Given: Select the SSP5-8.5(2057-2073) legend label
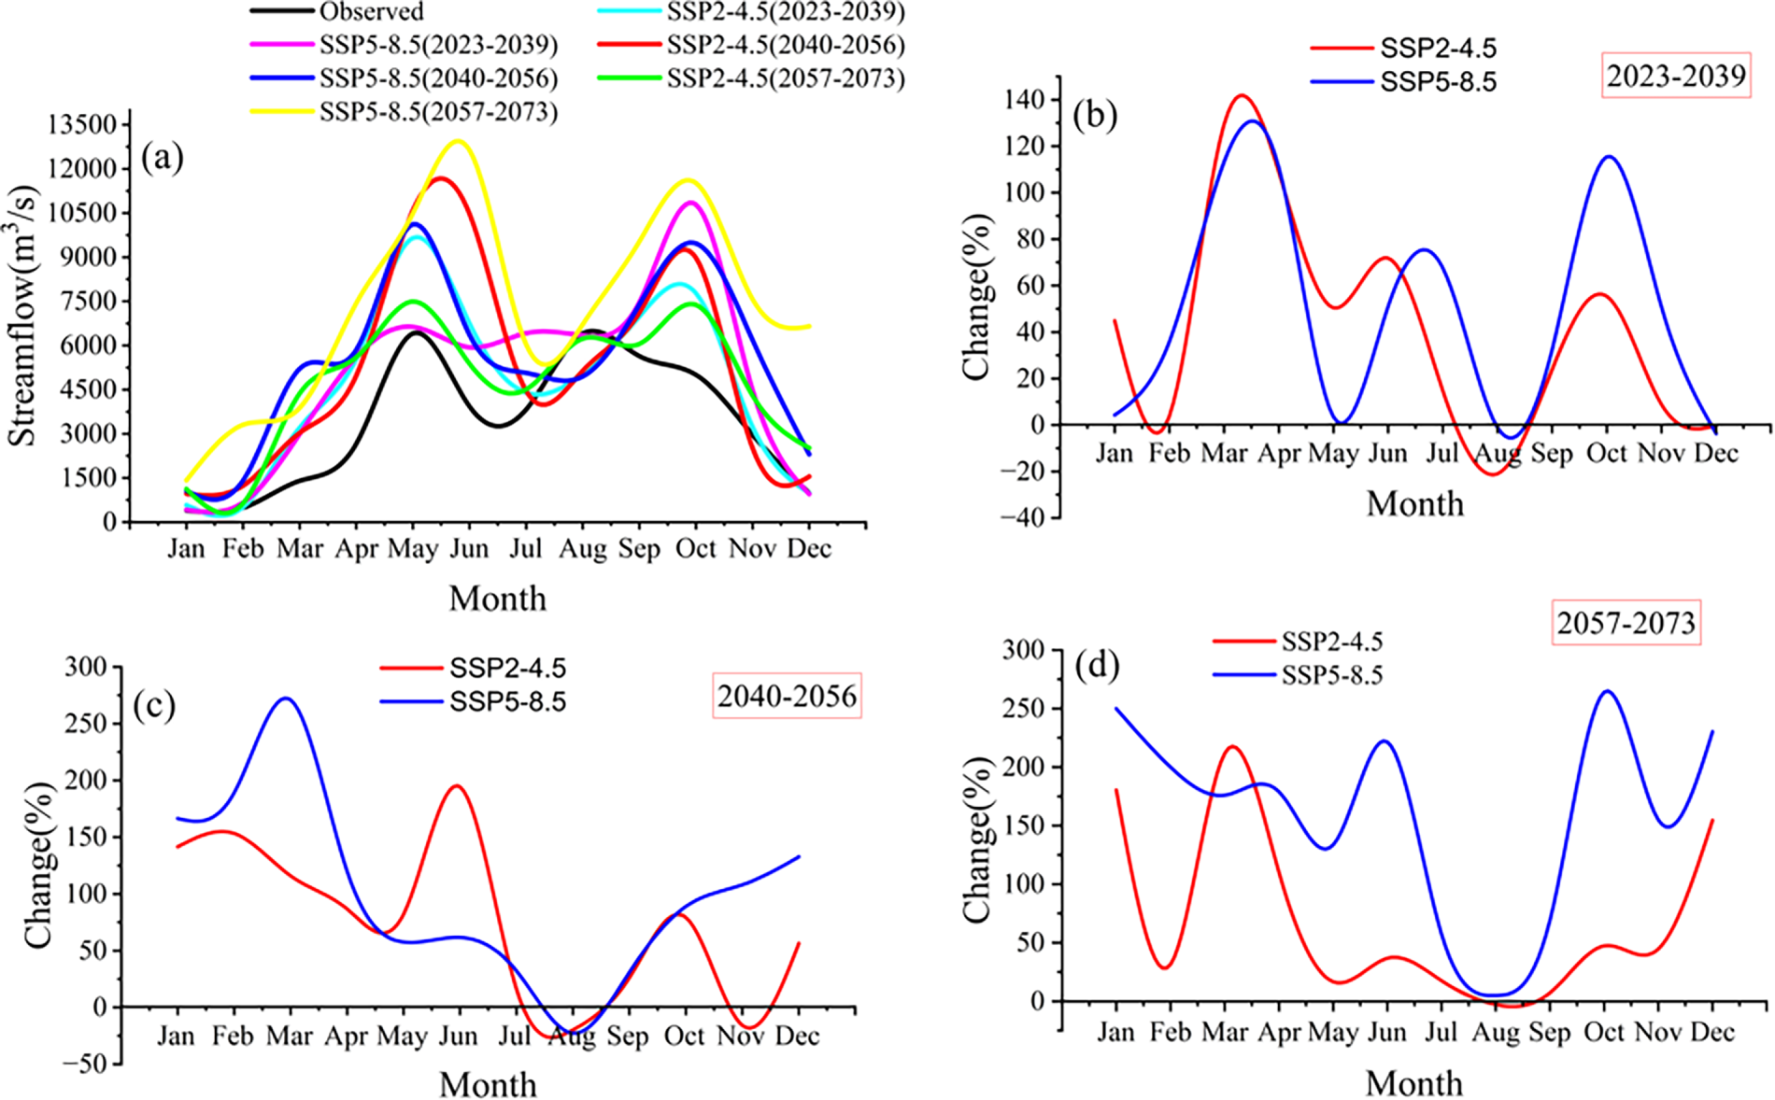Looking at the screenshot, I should [x=438, y=112].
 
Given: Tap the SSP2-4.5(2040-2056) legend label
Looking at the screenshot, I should [x=786, y=45].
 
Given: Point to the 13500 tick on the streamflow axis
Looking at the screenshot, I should [x=88, y=124].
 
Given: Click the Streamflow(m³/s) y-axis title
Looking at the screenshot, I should [x=22, y=317].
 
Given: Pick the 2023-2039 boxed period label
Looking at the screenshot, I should [x=1676, y=76].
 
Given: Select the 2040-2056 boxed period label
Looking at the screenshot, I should [x=787, y=696].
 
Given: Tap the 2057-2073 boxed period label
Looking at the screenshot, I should [x=1626, y=623].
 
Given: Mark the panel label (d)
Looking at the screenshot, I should [x=1097, y=666].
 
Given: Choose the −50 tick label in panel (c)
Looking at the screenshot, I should [x=85, y=1064].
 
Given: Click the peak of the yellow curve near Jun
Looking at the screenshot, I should [x=458, y=141].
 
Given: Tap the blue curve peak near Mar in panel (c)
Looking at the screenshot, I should [x=286, y=698].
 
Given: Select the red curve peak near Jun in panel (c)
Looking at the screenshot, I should [x=457, y=785].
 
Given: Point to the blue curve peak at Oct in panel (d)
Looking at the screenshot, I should [x=1607, y=691].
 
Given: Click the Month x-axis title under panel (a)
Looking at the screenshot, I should [x=497, y=599].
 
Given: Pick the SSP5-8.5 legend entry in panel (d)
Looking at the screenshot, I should [x=1331, y=675].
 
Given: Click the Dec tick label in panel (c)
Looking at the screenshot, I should [x=798, y=1037].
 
